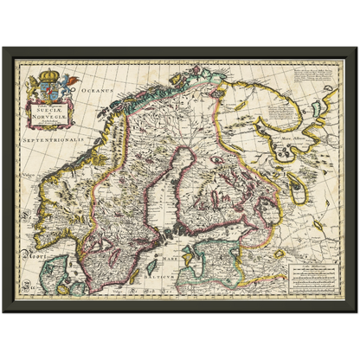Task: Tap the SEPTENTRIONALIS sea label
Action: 55,139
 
